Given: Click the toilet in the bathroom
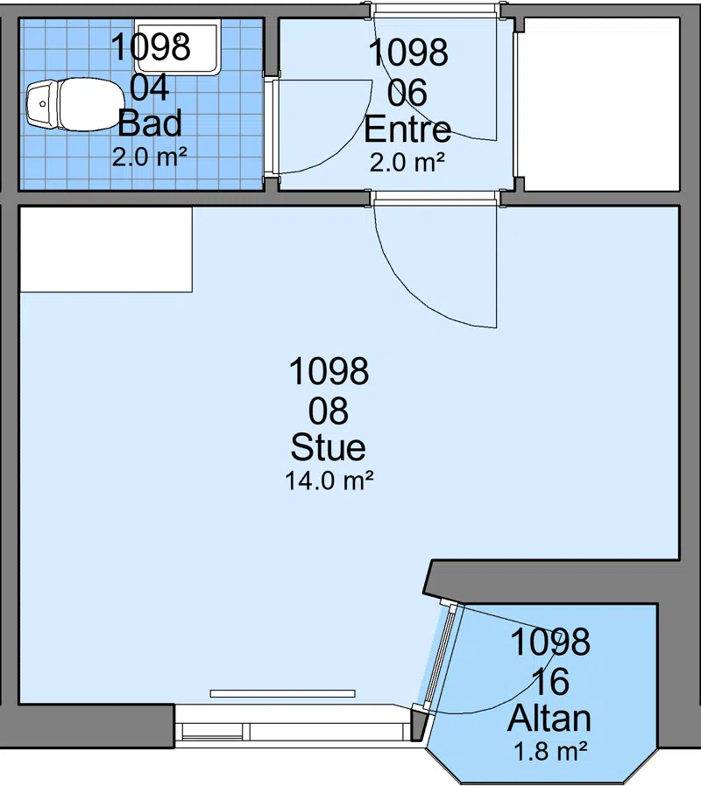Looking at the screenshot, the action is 75,105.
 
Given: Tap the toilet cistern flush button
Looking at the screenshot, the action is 43,104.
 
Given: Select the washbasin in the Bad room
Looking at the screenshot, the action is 178,47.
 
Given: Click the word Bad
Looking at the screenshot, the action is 150,123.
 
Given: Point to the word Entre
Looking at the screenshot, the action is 407,130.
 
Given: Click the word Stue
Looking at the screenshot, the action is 329,447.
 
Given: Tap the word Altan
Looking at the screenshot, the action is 549,719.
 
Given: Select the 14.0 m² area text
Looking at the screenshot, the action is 329,481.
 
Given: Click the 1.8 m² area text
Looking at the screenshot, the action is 550,751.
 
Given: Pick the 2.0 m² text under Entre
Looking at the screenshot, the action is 407,162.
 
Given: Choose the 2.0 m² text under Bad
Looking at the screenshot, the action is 150,157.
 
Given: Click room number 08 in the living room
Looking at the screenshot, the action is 329,411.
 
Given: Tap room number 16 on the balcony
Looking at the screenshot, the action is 550,682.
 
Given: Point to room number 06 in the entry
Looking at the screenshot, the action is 407,93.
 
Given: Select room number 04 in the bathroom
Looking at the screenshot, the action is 150,88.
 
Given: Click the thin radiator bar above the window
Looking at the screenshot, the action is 282,694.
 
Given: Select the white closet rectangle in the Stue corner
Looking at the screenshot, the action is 106,249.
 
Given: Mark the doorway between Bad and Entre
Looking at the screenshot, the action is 272,127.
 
